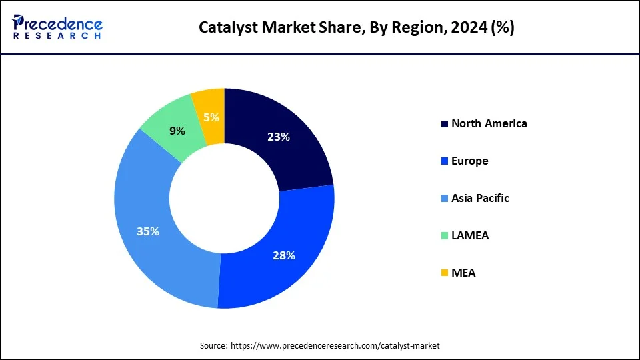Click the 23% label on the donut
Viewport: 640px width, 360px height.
tap(278, 137)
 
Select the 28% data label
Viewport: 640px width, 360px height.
tap(284, 255)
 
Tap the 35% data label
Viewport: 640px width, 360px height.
tap(148, 231)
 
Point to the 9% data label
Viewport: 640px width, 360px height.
tap(177, 131)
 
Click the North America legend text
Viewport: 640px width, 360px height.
tap(489, 123)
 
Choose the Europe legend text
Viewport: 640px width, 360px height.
tap(469, 161)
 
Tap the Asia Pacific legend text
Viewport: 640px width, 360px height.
tap(480, 198)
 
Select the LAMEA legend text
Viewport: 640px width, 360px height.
tap(469, 235)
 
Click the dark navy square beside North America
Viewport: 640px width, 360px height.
tap(445, 124)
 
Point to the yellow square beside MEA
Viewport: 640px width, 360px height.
tap(445, 273)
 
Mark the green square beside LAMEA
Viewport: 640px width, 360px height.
tap(445, 236)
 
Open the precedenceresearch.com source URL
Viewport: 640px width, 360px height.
tap(335, 346)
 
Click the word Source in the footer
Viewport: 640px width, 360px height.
tap(213, 346)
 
